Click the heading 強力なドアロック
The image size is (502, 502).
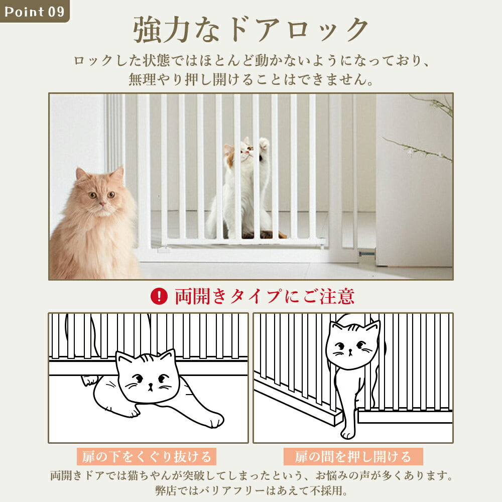tap(250, 30)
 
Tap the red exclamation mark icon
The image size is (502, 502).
tap(159, 296)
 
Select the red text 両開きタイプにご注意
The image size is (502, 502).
tap(264, 296)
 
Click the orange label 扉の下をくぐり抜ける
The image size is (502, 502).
tap(147, 457)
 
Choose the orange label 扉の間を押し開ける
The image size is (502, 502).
tap(353, 457)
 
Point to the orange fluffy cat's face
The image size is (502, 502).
tap(99, 193)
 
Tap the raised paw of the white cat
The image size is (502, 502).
tap(264, 144)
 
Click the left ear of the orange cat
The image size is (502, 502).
tap(81, 174)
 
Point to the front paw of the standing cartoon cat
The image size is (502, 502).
tap(347, 432)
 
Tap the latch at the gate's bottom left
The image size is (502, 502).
tap(163, 249)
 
